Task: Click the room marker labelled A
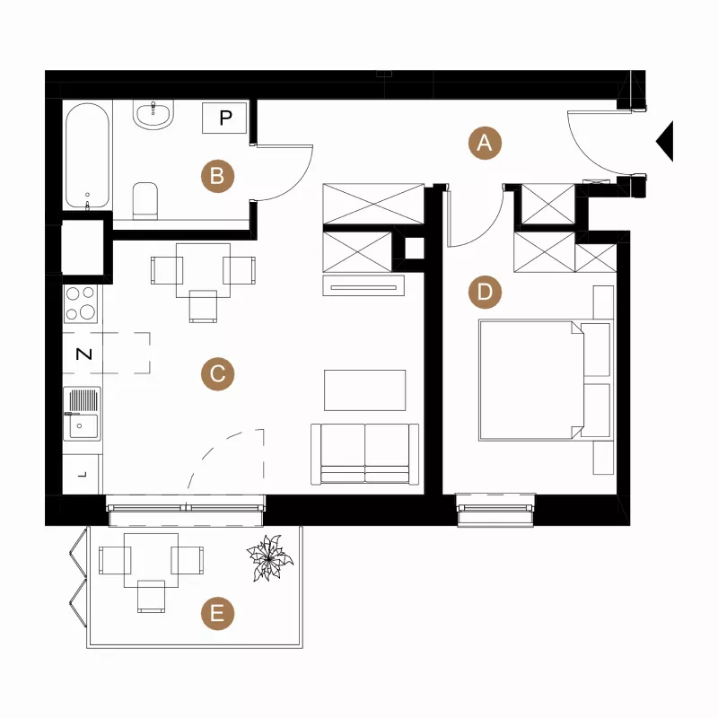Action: (x=485, y=143)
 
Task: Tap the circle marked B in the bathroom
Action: (x=217, y=176)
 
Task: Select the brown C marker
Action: (x=217, y=373)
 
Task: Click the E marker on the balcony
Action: (x=217, y=614)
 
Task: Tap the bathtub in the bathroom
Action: (x=87, y=155)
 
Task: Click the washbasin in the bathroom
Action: (x=153, y=114)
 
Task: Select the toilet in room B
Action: (x=145, y=200)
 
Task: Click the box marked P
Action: (x=225, y=118)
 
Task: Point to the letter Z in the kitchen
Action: (x=83, y=354)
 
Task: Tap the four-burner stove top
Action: (x=81, y=304)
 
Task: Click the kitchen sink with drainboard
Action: (x=82, y=414)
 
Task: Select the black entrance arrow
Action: (x=665, y=142)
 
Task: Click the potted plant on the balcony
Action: (x=270, y=558)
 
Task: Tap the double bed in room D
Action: (x=545, y=380)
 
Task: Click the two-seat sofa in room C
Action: (x=365, y=454)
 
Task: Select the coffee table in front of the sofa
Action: (x=365, y=390)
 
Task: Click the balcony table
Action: (x=151, y=560)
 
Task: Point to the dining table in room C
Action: (x=204, y=270)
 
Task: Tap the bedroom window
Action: (x=495, y=509)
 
